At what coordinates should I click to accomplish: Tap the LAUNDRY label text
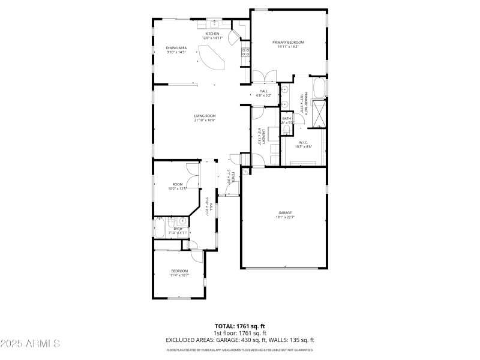260,137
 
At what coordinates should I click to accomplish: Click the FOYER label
229,178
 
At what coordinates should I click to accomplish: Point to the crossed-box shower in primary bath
319,113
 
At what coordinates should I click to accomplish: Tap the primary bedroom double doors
265,76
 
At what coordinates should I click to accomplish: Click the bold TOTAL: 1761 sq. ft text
239,326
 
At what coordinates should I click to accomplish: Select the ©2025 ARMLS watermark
30,344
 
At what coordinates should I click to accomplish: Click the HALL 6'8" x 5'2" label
264,93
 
